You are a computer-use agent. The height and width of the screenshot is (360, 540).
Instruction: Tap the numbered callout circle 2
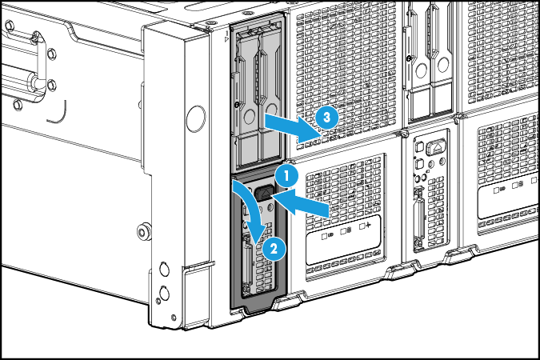[273, 248]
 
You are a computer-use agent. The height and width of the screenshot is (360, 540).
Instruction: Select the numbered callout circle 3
[323, 117]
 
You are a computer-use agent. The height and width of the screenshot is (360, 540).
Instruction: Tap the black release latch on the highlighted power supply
[265, 194]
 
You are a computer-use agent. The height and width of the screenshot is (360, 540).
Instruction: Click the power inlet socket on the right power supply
[438, 149]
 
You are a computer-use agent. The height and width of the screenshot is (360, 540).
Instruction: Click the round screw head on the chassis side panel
[142, 233]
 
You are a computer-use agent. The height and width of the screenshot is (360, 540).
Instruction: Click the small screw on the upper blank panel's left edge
[238, 104]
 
